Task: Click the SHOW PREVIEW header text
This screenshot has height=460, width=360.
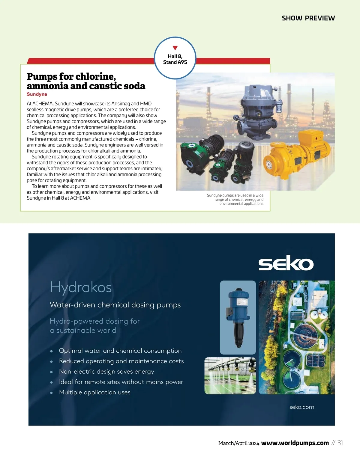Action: click(x=308, y=18)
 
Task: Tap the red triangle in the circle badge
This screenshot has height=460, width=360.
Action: click(x=175, y=48)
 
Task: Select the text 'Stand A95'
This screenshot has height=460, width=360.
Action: click(x=175, y=62)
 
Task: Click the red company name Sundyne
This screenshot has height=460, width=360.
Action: click(x=37, y=94)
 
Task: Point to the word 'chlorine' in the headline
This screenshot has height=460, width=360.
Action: click(x=95, y=77)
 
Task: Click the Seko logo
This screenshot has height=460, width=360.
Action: click(x=286, y=263)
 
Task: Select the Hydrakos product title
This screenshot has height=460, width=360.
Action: click(x=81, y=287)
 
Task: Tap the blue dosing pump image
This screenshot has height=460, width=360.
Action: click(x=238, y=317)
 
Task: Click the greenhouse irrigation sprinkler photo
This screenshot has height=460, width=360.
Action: click(x=230, y=375)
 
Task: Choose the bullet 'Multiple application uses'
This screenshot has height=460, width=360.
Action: click(x=95, y=392)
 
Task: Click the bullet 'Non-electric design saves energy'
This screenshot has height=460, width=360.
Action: click(x=106, y=372)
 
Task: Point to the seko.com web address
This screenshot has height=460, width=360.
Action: click(x=302, y=407)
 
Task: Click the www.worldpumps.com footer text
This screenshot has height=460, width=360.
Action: click(x=295, y=443)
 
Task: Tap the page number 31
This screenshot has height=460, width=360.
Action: click(x=340, y=443)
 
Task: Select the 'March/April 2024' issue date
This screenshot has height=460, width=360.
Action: click(x=238, y=443)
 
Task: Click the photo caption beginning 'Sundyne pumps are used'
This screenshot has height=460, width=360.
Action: click(x=235, y=199)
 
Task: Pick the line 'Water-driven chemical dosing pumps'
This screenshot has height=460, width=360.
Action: click(x=115, y=305)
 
